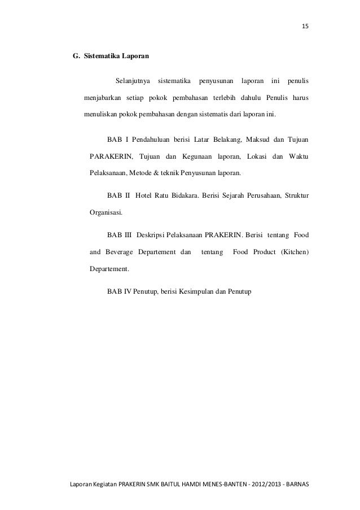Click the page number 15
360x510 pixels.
click(305, 27)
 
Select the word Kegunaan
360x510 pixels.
click(197, 156)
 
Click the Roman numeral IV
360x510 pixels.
click(127, 291)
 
